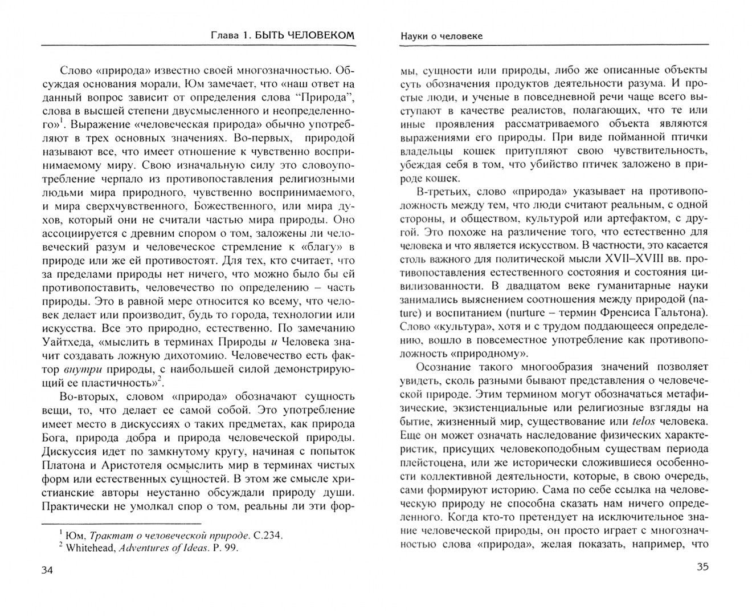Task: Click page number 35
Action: coord(702,567)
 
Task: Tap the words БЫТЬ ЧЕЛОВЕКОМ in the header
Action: coord(304,35)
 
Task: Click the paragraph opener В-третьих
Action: coord(446,190)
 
